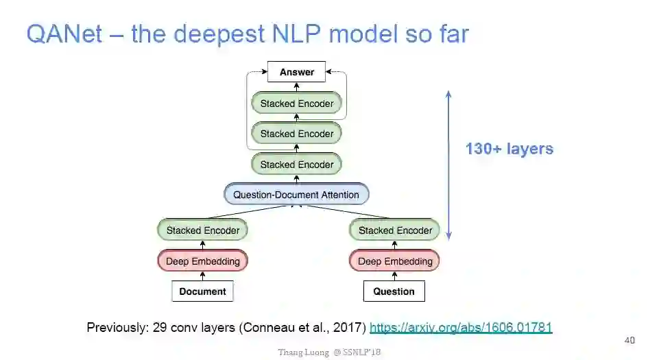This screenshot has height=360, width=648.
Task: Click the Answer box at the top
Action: tap(296, 72)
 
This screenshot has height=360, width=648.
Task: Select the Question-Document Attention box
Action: tap(296, 195)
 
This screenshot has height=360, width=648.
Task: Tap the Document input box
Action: tap(202, 291)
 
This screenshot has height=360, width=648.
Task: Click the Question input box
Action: tap(394, 291)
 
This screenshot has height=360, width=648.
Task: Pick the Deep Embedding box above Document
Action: tap(202, 261)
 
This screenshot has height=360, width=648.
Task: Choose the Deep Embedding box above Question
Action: tap(394, 261)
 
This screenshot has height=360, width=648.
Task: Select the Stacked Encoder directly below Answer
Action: tap(296, 104)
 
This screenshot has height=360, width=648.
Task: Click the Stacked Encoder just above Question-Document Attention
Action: tap(296, 165)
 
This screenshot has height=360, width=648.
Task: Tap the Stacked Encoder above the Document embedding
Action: tap(202, 230)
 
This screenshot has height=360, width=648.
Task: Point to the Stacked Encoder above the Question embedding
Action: tap(394, 230)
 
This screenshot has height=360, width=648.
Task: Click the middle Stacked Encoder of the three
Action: tap(296, 134)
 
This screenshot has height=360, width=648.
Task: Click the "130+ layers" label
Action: tap(509, 149)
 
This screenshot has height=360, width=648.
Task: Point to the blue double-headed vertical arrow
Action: tap(448, 165)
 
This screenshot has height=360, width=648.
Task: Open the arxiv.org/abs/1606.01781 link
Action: tap(460, 328)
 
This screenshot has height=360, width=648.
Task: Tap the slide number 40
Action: tap(629, 340)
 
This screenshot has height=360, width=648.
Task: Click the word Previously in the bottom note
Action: tap(115, 328)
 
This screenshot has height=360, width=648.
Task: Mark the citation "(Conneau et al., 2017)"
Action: tap(302, 328)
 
